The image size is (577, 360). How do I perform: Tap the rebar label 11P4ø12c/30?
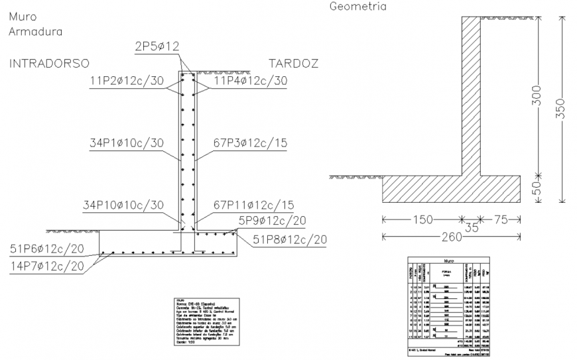251,81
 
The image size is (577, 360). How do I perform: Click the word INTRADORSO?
49,64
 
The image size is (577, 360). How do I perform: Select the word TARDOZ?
293,64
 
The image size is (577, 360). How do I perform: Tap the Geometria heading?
357,7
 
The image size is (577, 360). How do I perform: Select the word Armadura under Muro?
36,30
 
